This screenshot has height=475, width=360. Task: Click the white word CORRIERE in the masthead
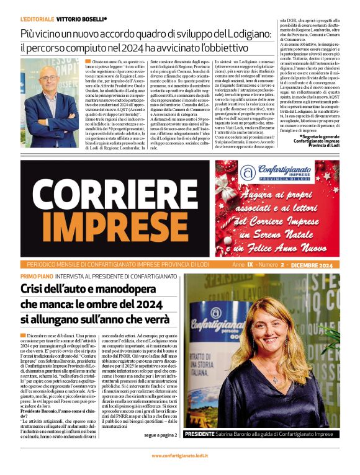(x=115, y=191)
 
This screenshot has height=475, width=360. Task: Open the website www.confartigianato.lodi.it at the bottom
(x=180, y=456)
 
